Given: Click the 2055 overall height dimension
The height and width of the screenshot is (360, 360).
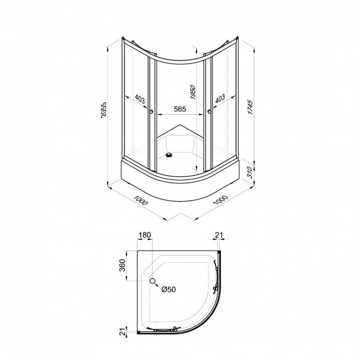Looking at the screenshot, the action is pyautogui.click(x=103, y=110).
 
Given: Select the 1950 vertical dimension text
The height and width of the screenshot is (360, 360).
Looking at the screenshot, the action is pyautogui.click(x=193, y=92).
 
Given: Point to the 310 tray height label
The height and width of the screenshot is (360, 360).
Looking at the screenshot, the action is pyautogui.click(x=250, y=172).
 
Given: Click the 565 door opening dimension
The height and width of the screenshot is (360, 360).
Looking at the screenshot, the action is pyautogui.click(x=180, y=109).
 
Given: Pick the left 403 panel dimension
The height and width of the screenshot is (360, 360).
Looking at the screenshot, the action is pyautogui.click(x=140, y=99).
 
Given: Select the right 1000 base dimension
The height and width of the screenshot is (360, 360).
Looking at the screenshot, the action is pyautogui.click(x=220, y=200).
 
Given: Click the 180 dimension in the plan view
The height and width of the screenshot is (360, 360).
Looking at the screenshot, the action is pyautogui.click(x=145, y=235).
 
